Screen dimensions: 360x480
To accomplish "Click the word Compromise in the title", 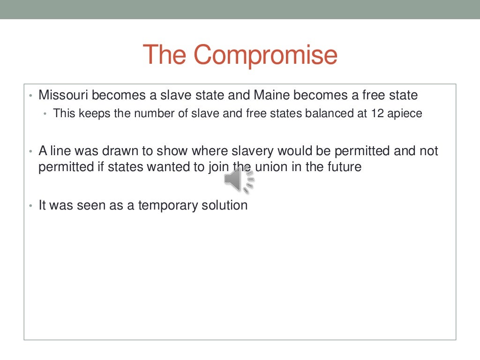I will click(x=265, y=55).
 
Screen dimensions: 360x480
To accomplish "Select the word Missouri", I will click(x=63, y=95).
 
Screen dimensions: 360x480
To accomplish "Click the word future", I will click(x=345, y=167).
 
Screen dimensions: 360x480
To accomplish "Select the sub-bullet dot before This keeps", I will click(x=45, y=114).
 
